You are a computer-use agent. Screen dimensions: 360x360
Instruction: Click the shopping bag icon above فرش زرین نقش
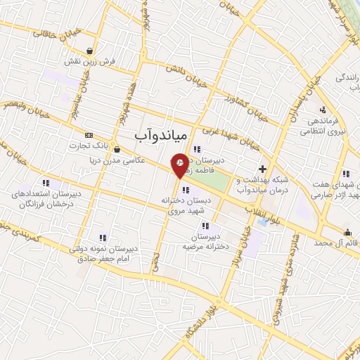coord(90,50)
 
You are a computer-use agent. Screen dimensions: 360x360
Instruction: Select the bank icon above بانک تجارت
coord(88,135)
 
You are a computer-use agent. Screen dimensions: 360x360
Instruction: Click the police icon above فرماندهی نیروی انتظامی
coord(322,109)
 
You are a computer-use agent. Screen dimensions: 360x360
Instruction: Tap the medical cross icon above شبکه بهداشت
coord(262,169)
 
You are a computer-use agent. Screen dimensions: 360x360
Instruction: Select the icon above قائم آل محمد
coord(347,233)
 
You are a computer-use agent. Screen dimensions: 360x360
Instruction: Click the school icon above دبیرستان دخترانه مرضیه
coord(205,226)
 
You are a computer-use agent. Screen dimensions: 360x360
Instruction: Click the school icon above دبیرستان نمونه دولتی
coord(103,238)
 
